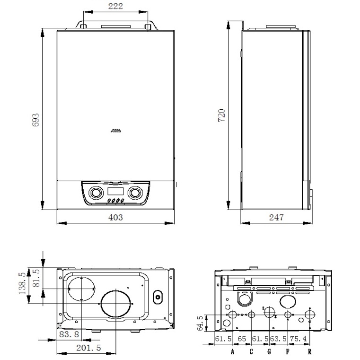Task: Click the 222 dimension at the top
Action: coord(115,6)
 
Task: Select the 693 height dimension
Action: coord(36,120)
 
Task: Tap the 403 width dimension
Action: coord(115,217)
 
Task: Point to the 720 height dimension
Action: coord(222,115)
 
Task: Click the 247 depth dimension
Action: coord(276,217)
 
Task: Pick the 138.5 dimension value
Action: coord(22,283)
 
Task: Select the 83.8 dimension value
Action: coord(69,334)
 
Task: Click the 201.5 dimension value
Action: coord(88,348)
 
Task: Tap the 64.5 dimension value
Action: coord(200,323)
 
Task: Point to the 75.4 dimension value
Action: coord(298,339)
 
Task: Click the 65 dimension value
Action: coord(242,339)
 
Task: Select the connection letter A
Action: coord(233,351)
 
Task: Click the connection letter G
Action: coord(269,351)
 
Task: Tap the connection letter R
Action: coord(309,351)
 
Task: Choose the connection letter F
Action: coord(288,351)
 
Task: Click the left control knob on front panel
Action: coord(96,193)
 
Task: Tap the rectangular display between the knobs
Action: coord(115,192)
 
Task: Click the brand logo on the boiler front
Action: coord(116,131)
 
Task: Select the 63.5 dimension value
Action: coord(278,339)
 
